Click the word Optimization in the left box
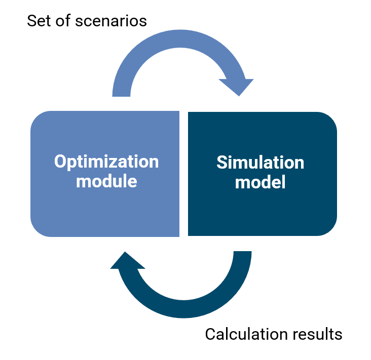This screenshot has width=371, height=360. [x=106, y=162]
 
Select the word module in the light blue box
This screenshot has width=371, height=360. [x=106, y=181]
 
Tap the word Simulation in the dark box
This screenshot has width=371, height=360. [x=260, y=163]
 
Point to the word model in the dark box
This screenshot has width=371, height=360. [x=260, y=181]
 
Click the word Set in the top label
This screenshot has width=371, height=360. [x=39, y=21]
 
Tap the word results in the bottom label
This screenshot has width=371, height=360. [x=318, y=335]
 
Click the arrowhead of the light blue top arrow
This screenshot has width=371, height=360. [x=237, y=86]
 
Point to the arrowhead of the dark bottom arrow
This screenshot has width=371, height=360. [x=127, y=261]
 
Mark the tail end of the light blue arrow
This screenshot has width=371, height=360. [x=122, y=91]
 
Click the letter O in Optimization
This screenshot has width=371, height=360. [x=61, y=162]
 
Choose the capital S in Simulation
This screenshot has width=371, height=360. [x=221, y=163]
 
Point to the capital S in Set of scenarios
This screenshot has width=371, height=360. [x=31, y=21]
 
